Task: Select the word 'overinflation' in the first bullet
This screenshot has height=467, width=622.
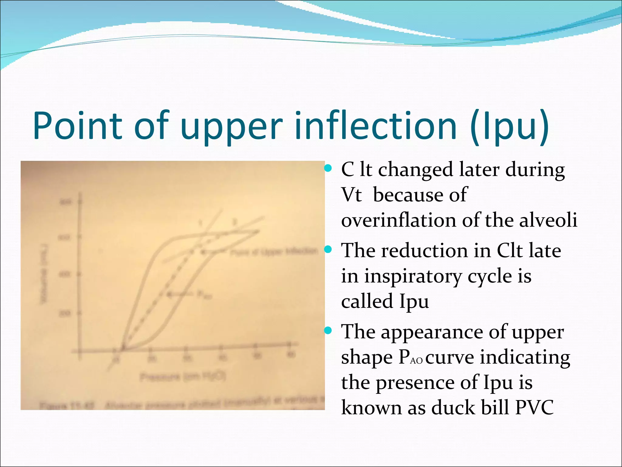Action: (x=398, y=220)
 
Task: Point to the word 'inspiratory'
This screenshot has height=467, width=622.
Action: (x=413, y=277)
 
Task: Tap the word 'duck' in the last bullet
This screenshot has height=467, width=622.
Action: (x=453, y=407)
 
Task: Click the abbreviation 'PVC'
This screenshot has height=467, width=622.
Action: (x=534, y=407)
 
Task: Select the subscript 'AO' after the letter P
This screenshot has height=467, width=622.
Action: (x=416, y=361)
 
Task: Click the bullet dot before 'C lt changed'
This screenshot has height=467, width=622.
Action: (x=328, y=168)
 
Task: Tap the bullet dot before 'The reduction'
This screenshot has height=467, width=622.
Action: (x=328, y=250)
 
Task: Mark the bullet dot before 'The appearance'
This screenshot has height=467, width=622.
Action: (x=328, y=330)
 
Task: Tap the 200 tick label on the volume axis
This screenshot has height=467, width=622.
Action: (x=66, y=313)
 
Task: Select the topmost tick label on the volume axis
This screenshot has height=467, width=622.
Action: (x=66, y=202)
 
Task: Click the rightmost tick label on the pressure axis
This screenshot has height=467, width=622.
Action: (x=291, y=355)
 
